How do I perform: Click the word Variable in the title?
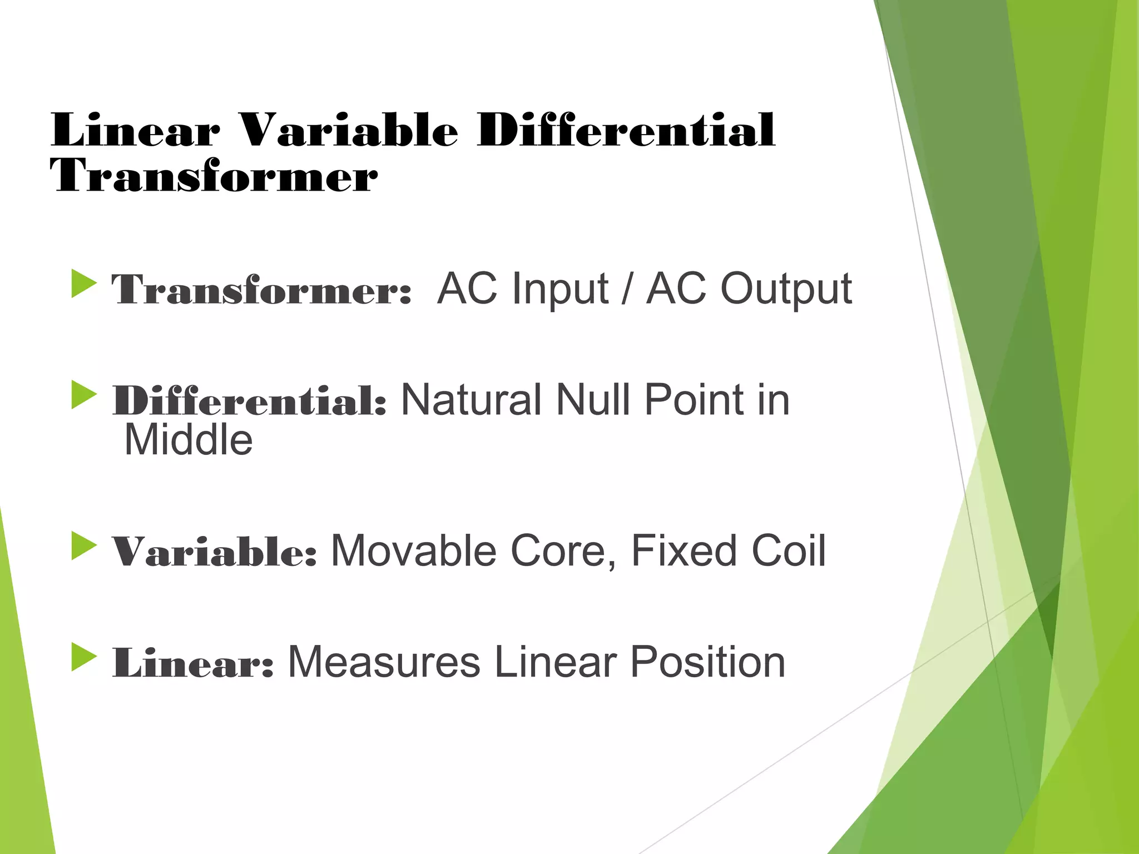click(x=349, y=131)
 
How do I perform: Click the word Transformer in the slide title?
click(x=214, y=176)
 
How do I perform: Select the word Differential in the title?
click(x=626, y=131)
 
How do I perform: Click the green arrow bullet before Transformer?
click(x=84, y=284)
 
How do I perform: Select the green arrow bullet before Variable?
click(x=84, y=546)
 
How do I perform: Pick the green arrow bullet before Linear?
click(x=84, y=657)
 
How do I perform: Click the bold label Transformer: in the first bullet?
click(x=261, y=290)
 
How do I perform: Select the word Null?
click(x=593, y=400)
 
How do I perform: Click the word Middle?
click(x=188, y=440)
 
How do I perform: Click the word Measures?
click(x=384, y=663)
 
